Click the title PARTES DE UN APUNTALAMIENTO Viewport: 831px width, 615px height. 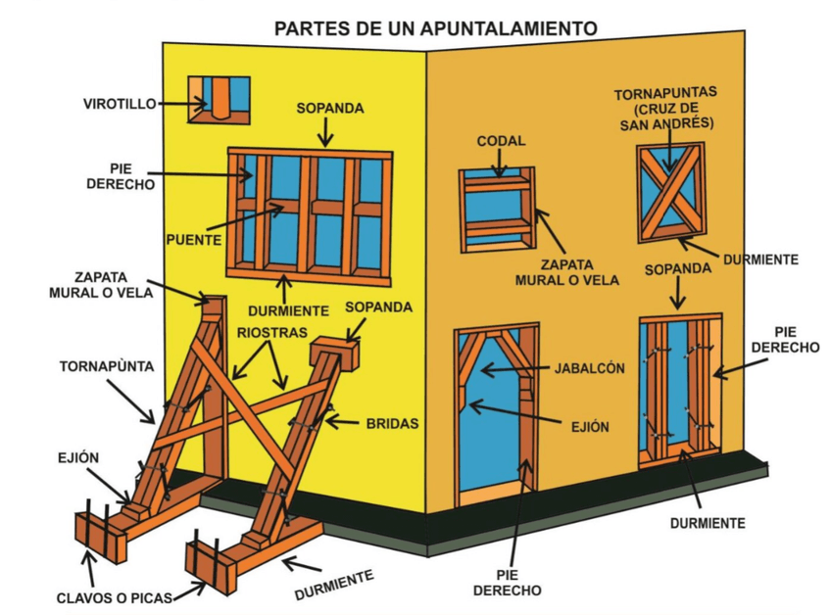[x=435, y=27]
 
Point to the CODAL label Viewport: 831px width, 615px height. [x=502, y=141]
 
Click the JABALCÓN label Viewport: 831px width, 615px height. [x=588, y=369]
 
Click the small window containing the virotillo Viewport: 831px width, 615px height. [x=219, y=99]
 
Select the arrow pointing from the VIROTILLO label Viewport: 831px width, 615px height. [x=183, y=103]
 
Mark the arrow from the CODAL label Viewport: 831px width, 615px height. [x=501, y=165]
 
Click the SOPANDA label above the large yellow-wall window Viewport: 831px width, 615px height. [x=330, y=108]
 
